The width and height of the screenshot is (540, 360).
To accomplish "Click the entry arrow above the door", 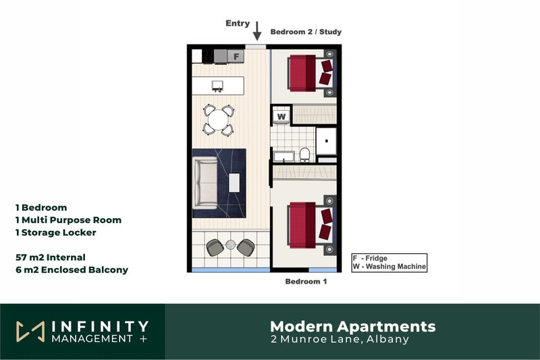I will pyautogui.click(x=256, y=30).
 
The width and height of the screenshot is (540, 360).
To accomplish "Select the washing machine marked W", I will pyautogui.click(x=282, y=116).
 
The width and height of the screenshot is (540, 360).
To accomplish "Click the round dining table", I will pyautogui.click(x=218, y=120).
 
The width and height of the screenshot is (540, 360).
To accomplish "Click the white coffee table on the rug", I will pyautogui.click(x=234, y=182).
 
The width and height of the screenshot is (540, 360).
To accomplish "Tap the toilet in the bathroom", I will pyautogui.click(x=305, y=154).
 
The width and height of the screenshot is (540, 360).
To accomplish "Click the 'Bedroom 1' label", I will pyautogui.click(x=306, y=282).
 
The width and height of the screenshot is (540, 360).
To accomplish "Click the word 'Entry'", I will pyautogui.click(x=237, y=24).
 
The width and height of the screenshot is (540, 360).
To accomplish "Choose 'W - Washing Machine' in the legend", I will pyautogui.click(x=389, y=267).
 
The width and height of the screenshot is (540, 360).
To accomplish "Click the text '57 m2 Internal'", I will pyautogui.click(x=51, y=257).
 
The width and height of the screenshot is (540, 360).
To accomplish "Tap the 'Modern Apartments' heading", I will pyautogui.click(x=352, y=327).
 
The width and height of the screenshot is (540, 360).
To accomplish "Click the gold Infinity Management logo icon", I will pyautogui.click(x=30, y=331).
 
